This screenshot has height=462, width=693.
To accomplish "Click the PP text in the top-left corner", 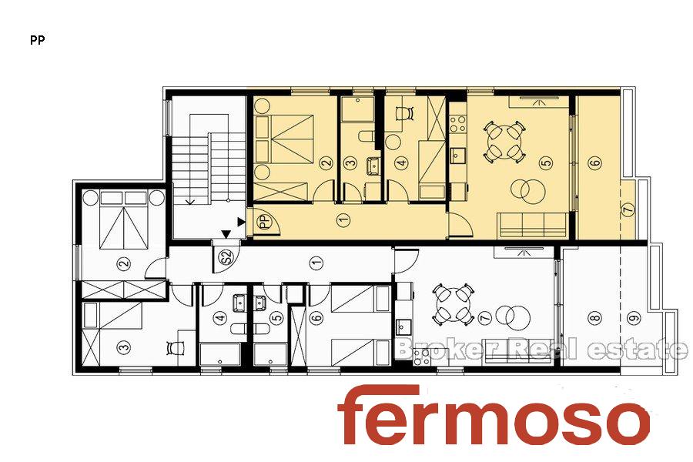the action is point(38,40).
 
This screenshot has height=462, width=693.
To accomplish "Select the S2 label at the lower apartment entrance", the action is point(226,257).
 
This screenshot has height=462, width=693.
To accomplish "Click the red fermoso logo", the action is point(494,415).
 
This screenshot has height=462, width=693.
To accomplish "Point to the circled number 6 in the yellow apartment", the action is point(595,162).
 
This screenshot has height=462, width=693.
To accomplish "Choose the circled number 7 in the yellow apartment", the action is point(628,209).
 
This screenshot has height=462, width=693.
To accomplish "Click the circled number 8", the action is point(594,317).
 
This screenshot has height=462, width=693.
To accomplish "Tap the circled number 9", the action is point(635,317).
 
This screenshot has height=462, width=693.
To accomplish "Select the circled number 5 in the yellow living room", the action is point(547,162).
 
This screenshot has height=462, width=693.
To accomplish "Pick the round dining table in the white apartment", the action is point(452,305).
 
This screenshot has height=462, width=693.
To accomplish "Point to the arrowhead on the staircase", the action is point(190,202).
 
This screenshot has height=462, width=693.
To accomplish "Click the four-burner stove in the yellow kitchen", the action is point(457,123).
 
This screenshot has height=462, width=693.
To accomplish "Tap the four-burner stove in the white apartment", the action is point(422,356).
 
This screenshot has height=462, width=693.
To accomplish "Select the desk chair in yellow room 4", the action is point(404,113).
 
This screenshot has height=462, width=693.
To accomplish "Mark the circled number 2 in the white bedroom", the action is point(124,264).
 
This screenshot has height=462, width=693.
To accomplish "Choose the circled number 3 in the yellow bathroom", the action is point(350,162).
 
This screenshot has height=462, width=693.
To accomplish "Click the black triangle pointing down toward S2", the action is point(226,233).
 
